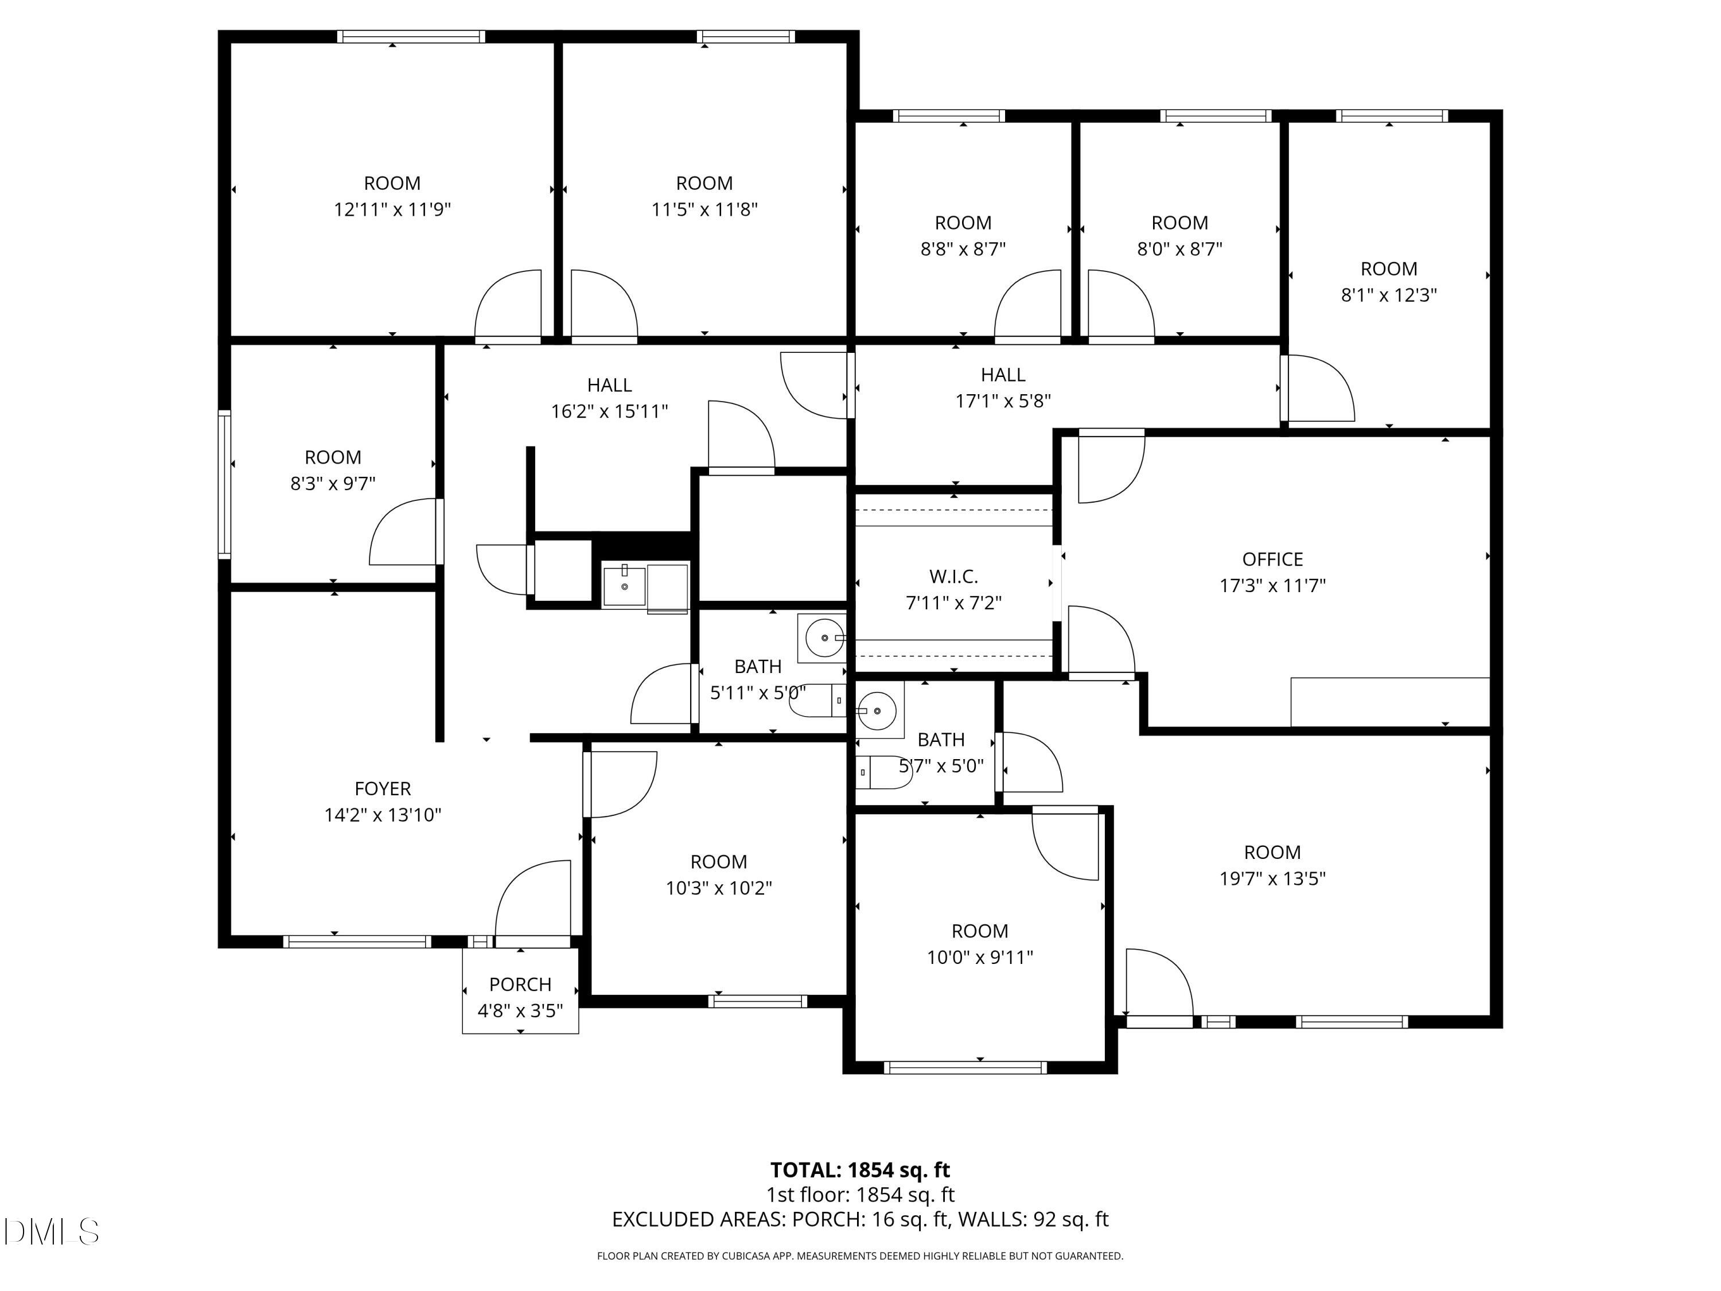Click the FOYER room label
(x=382, y=788)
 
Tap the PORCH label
(x=520, y=985)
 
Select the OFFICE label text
(x=1272, y=559)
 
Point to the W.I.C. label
(x=953, y=577)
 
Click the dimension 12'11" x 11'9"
(x=392, y=209)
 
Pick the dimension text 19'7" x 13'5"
(x=1272, y=878)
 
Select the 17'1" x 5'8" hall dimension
(x=1003, y=400)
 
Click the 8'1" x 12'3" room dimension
(x=1389, y=295)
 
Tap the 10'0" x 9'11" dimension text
(x=980, y=957)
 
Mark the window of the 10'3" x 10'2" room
(x=757, y=1001)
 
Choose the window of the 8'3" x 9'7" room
(x=224, y=484)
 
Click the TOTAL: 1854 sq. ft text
(x=860, y=1169)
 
